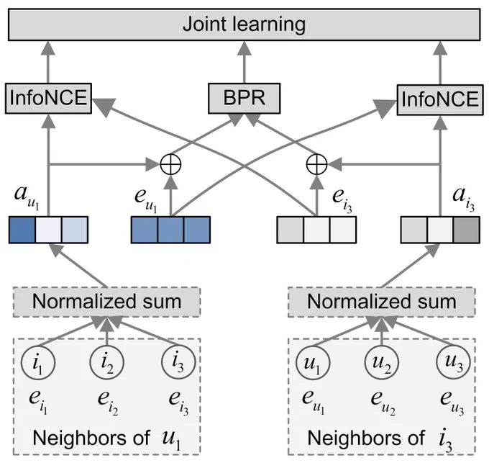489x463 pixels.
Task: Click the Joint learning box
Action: coord(244,24)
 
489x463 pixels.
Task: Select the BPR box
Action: coord(244,99)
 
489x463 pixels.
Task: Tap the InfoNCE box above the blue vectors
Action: coord(48,99)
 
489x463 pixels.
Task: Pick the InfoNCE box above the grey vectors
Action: coord(440,100)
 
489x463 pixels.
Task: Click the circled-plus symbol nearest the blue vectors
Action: coord(170,164)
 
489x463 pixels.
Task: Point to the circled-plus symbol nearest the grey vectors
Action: coord(317,164)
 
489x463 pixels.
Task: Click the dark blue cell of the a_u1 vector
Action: coord(22,230)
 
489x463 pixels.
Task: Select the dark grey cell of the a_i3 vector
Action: coord(467,230)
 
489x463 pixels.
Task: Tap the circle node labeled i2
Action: coord(107,362)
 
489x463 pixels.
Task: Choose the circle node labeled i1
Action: coord(38,362)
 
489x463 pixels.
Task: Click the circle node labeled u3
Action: coord(453,362)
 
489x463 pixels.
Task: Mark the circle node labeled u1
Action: coord(313,362)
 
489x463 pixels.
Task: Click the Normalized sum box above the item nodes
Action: coord(106,302)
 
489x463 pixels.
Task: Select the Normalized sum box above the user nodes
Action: coord(382,302)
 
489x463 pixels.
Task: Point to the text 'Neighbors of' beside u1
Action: coord(91,438)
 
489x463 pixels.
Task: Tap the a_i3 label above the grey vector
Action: coord(464,199)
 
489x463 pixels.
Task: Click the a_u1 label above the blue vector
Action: coord(27,197)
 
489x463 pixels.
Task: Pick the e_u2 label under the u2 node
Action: coord(383,403)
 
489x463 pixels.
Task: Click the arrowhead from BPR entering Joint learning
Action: coord(244,48)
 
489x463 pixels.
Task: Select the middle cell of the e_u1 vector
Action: coord(170,230)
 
